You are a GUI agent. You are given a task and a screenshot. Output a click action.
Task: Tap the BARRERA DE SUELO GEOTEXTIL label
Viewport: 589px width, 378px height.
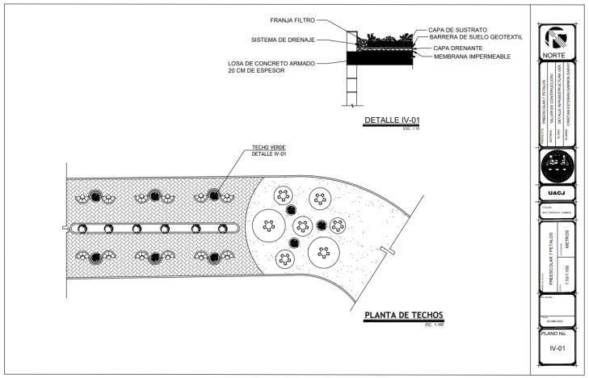(476, 37)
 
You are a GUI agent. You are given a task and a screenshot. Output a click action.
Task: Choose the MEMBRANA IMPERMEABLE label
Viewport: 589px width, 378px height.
(471, 57)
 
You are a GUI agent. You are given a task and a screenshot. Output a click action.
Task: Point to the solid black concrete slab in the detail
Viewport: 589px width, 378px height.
(380, 58)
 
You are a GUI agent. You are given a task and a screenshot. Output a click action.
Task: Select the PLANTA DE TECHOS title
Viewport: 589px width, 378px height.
(403, 316)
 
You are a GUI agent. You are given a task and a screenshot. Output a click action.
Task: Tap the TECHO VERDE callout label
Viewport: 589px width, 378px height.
(270, 147)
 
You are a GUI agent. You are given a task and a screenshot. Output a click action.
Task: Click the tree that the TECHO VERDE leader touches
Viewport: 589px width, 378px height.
(214, 195)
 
